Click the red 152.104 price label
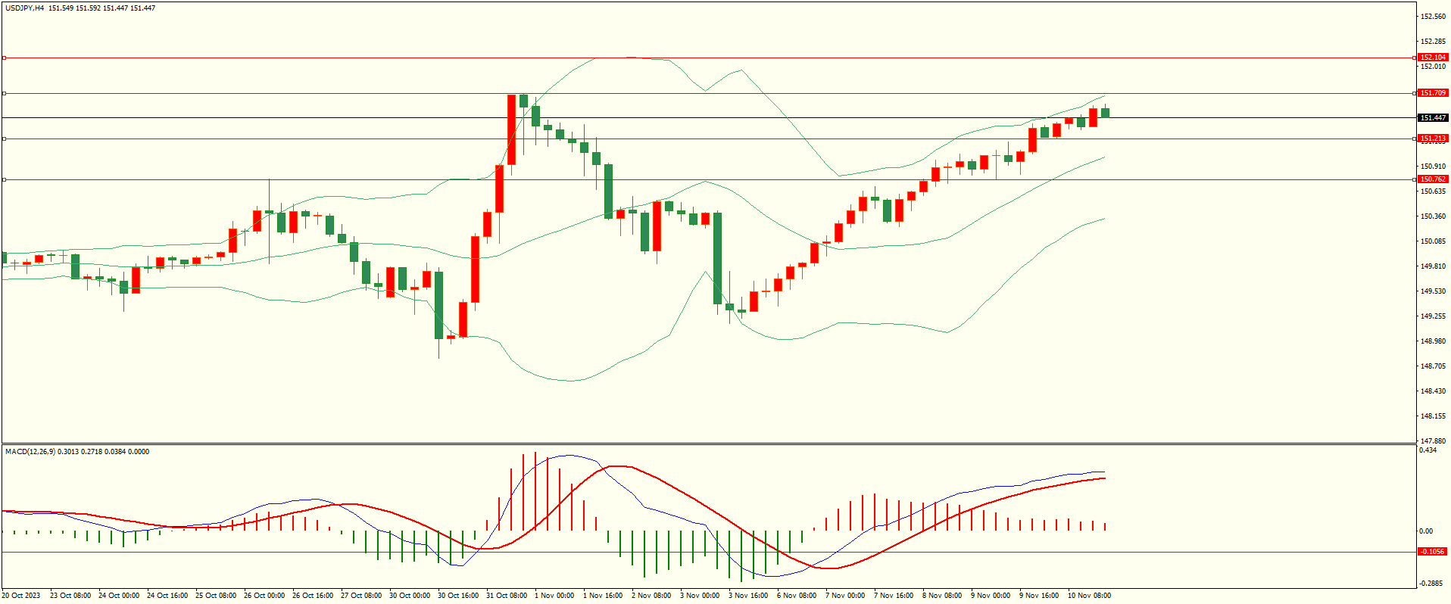click(x=1433, y=58)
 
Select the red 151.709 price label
click(x=1433, y=93)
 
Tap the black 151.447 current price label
click(x=1433, y=118)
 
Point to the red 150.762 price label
click(x=1433, y=179)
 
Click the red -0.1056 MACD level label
click(x=1432, y=552)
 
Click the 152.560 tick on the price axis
click(x=1433, y=17)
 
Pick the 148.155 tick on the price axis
click(x=1433, y=416)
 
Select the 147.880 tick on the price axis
click(x=1433, y=441)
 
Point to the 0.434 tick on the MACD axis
click(x=1428, y=450)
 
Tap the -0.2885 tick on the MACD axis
click(x=1431, y=584)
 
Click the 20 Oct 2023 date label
click(x=21, y=596)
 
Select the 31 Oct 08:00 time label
click(x=507, y=596)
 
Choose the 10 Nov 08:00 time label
click(x=1089, y=596)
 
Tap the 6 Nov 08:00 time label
click(x=797, y=596)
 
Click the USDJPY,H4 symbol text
click(x=25, y=8)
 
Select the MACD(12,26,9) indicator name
click(x=30, y=452)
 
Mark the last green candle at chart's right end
click(x=1106, y=113)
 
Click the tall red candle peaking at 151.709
click(x=512, y=129)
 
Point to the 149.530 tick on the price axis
click(x=1433, y=291)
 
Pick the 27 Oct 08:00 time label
click(x=361, y=596)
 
